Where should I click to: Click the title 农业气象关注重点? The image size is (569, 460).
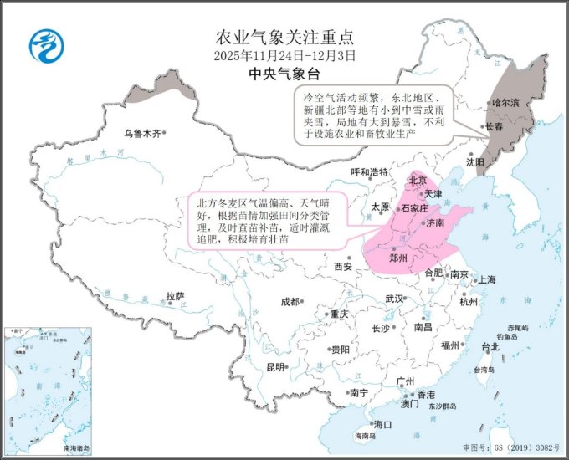284,37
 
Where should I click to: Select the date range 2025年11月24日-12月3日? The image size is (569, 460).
284,55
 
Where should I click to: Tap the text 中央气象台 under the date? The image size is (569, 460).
284,74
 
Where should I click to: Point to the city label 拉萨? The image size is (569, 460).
174,296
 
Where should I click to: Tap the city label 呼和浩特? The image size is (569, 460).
369,173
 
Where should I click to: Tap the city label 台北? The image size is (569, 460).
490,346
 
